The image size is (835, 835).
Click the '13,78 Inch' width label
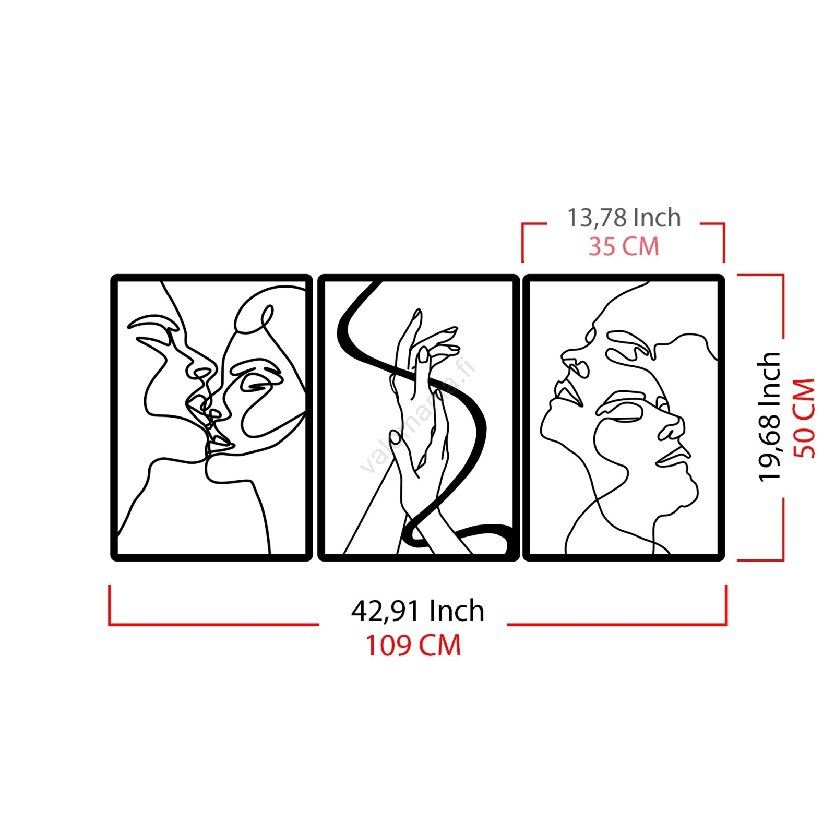point(624,218)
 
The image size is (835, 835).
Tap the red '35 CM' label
point(624,246)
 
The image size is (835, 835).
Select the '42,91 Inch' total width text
point(417,611)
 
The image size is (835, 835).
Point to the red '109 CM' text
point(413,646)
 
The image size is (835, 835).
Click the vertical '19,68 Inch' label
point(769,416)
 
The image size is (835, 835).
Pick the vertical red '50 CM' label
point(804,418)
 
